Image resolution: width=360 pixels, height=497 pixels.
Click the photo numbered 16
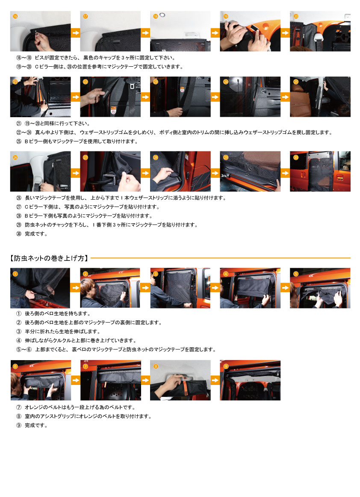click(x=40, y=31)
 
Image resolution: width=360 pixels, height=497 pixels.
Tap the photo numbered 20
click(x=320, y=31)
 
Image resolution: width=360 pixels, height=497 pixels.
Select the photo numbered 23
click(x=180, y=97)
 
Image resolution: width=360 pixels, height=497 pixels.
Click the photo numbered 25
click(x=320, y=97)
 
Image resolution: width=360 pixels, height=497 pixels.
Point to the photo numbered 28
click(x=180, y=171)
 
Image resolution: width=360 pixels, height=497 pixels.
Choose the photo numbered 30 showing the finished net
click(x=320, y=171)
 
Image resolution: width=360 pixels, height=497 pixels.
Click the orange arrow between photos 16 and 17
click(x=75, y=32)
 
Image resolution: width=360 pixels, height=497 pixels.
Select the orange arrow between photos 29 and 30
click(x=285, y=172)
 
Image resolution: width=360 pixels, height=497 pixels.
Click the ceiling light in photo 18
click(x=167, y=16)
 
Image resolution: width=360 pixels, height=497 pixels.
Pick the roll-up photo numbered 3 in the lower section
click(x=180, y=288)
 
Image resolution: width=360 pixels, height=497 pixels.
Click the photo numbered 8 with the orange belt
click(x=180, y=380)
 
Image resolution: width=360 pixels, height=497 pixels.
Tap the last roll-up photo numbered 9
click(x=250, y=380)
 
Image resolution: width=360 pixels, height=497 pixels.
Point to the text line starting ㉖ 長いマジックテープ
click(x=120, y=198)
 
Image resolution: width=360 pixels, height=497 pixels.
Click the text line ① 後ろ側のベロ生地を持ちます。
click(x=53, y=314)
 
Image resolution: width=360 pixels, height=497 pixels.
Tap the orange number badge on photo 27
click(x=86, y=157)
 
